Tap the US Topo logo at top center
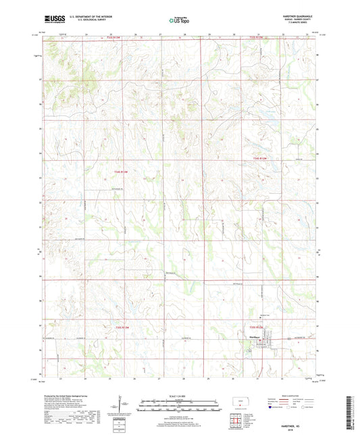pos(179,21)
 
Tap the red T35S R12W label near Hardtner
pos(261,327)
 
